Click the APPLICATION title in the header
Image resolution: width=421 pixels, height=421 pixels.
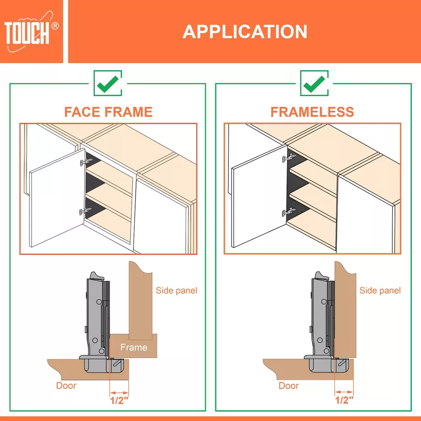click(245, 32)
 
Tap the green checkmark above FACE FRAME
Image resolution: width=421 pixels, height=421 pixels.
click(108, 83)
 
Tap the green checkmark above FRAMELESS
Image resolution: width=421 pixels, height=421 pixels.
click(314, 83)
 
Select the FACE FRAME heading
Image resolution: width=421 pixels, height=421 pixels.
click(108, 112)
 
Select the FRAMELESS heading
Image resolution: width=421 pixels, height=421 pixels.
click(312, 112)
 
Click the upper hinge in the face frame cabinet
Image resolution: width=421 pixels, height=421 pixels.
click(86, 162)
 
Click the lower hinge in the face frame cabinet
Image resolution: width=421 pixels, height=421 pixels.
click(85, 211)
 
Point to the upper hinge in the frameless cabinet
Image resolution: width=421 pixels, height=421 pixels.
click(289, 158)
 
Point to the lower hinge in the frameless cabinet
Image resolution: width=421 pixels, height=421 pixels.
click(289, 212)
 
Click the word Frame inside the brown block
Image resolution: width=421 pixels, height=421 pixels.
click(134, 347)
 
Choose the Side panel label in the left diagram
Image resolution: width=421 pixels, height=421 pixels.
click(176, 290)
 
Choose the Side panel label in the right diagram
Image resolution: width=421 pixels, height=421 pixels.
click(380, 290)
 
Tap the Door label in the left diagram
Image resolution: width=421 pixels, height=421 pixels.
click(66, 386)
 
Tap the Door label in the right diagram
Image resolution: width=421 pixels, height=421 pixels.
click(289, 386)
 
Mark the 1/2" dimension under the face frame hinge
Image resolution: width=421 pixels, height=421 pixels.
click(119, 400)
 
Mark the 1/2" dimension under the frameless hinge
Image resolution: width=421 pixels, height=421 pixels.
click(344, 400)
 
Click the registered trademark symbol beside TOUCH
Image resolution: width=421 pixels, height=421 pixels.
click(55, 26)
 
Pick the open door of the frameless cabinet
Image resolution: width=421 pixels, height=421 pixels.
click(259, 196)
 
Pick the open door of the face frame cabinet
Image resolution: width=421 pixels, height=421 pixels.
click(57, 198)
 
